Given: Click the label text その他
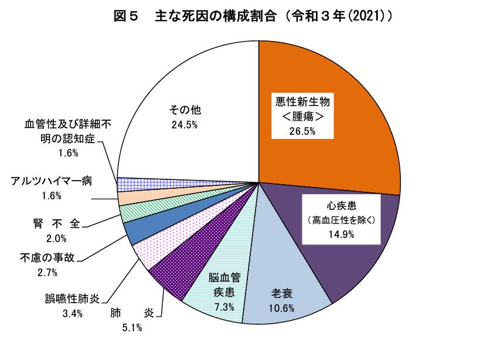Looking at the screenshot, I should [x=185, y=110].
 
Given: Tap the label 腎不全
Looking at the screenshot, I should [x=56, y=223].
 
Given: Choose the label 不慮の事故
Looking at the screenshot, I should [x=47, y=257].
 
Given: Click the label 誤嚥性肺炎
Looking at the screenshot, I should [x=73, y=298].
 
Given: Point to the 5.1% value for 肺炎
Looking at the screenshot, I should [x=132, y=327].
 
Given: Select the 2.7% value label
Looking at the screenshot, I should [x=47, y=272].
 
